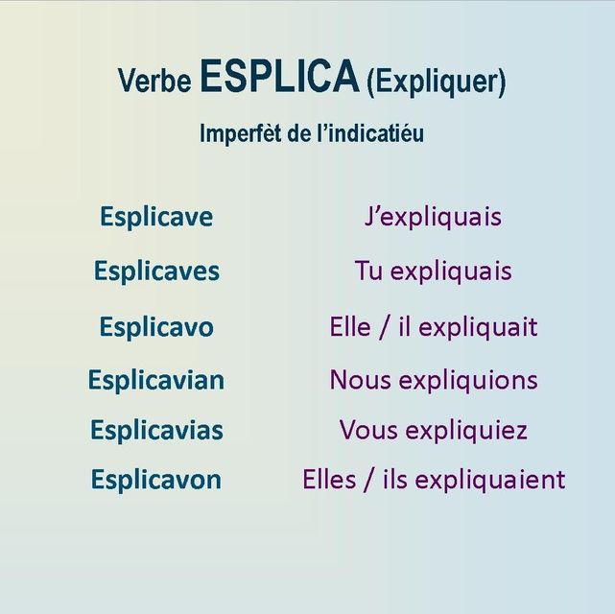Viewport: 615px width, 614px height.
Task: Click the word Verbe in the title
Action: click(x=154, y=81)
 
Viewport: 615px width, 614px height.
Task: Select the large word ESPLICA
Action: click(x=279, y=76)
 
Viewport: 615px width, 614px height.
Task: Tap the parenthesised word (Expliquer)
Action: click(x=437, y=82)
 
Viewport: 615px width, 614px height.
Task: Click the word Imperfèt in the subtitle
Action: click(x=241, y=133)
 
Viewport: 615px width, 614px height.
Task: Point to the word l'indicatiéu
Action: click(x=370, y=132)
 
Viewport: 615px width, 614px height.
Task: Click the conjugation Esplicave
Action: click(x=156, y=217)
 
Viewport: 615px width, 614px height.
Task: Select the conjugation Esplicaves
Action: click(x=156, y=271)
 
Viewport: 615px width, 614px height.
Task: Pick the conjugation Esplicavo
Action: click(x=156, y=327)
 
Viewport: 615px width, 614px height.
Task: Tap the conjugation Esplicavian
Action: click(x=156, y=380)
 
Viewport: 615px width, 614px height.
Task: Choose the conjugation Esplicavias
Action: click(x=157, y=430)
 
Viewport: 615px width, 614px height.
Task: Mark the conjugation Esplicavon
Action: click(x=156, y=479)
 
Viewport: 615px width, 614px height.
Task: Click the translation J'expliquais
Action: click(x=433, y=218)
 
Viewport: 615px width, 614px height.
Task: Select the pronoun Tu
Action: click(x=368, y=271)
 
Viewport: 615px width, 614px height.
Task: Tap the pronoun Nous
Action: click(x=361, y=380)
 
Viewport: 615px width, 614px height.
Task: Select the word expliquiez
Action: click(x=466, y=431)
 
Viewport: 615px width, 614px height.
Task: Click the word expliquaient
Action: click(x=490, y=481)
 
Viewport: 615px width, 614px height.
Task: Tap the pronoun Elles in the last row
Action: click(x=329, y=479)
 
